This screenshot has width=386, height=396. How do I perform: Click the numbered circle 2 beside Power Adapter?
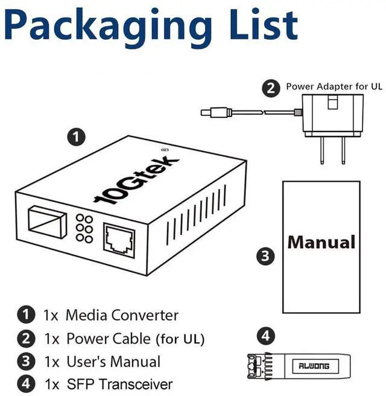point(272,88)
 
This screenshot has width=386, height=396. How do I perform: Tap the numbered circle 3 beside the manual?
point(265,256)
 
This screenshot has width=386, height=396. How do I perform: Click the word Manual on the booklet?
point(321,242)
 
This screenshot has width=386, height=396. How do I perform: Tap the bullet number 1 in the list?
point(25,315)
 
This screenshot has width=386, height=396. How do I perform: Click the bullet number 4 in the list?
point(25,384)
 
